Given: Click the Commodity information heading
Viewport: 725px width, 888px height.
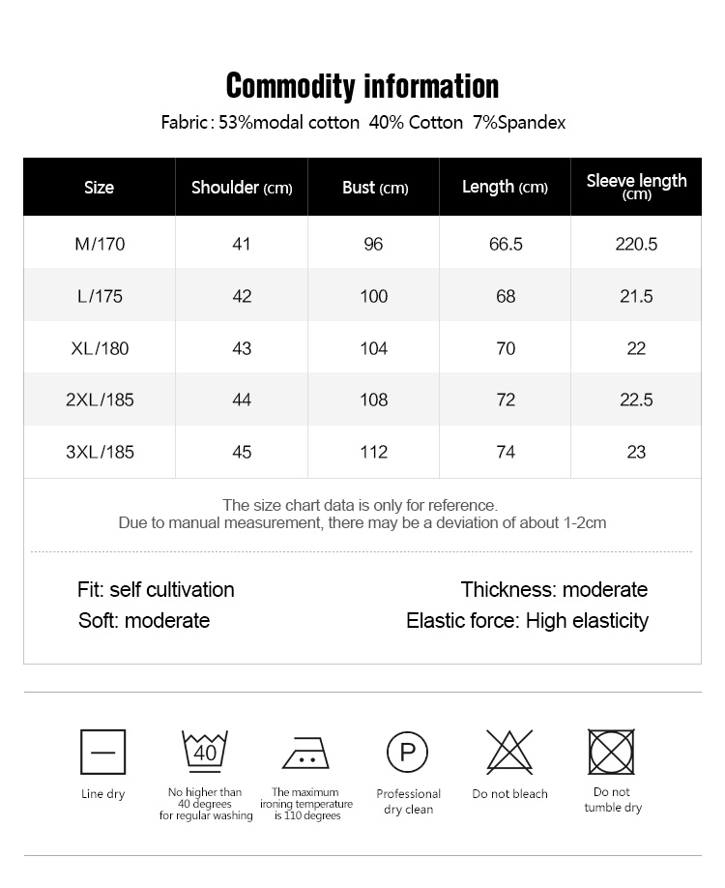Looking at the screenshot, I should [362, 86].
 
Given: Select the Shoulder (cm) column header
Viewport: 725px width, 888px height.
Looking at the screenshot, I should [242, 188].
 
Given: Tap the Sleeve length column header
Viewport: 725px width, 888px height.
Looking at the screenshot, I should [636, 186].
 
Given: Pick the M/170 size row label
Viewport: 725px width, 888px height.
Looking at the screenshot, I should [100, 244].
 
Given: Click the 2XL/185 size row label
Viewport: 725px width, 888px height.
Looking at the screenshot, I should [100, 400].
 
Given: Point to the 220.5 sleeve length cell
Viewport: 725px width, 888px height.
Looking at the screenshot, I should [636, 244].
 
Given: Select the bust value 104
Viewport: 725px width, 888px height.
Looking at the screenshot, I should [373, 348].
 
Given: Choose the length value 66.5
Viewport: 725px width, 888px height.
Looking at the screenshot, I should [506, 244].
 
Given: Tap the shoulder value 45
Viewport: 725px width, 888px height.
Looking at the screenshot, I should [242, 452].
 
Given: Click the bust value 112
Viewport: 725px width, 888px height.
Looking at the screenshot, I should [373, 452].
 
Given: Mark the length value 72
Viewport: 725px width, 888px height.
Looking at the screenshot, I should [506, 400].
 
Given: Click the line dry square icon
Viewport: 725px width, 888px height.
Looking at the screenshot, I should [102, 752].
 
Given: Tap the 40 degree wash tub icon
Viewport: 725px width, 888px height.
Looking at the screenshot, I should [205, 751].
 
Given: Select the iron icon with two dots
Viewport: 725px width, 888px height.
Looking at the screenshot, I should [306, 753].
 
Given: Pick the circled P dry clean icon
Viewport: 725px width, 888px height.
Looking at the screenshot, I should [408, 752].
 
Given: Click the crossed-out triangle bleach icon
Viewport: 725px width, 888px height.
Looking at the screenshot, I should [509, 751].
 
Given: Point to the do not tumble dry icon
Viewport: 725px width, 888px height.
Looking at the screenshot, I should [612, 752].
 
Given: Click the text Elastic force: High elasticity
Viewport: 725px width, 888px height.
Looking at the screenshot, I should [527, 620].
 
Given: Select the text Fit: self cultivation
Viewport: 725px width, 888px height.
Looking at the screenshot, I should [156, 589].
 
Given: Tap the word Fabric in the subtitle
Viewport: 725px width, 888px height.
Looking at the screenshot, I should [184, 123].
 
